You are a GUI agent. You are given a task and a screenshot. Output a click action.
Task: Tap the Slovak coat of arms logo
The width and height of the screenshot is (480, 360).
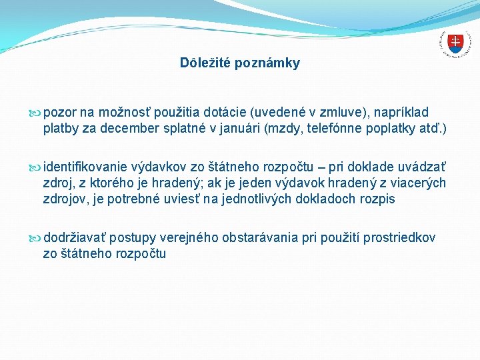point(455,43)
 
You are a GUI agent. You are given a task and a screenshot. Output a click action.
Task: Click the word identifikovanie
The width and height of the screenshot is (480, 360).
point(85,167)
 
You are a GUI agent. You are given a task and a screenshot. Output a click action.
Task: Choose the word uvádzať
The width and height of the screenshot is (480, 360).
point(423,167)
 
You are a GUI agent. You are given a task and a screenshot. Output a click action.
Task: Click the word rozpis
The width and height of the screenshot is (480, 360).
point(377,199)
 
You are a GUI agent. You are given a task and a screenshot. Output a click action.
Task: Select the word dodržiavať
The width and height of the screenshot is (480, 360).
point(75,238)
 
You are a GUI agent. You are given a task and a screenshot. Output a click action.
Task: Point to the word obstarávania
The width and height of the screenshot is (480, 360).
point(261,238)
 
